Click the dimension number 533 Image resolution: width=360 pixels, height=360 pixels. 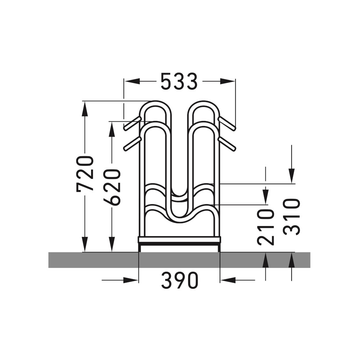(179, 81)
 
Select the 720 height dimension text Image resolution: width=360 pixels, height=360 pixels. (85, 174)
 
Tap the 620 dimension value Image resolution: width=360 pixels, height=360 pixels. (112, 187)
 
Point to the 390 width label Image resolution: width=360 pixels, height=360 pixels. (179, 280)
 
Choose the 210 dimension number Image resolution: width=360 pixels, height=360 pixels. (266, 227)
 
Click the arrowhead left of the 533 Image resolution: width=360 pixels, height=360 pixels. (132, 81)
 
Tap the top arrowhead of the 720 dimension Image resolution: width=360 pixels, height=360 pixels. (85, 108)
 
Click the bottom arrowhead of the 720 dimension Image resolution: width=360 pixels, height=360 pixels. (85, 245)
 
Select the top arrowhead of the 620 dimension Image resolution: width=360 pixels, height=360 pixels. (112, 129)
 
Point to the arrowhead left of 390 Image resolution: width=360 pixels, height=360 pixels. (131, 280)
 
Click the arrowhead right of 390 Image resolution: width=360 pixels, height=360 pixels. (227, 280)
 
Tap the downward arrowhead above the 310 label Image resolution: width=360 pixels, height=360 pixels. (292, 176)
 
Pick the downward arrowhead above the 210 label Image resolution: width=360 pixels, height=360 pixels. (266, 197)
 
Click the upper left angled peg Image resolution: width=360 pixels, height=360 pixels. (132, 123)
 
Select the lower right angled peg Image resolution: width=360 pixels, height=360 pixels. (227, 144)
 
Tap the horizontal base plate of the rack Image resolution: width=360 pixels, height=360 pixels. (179, 239)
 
